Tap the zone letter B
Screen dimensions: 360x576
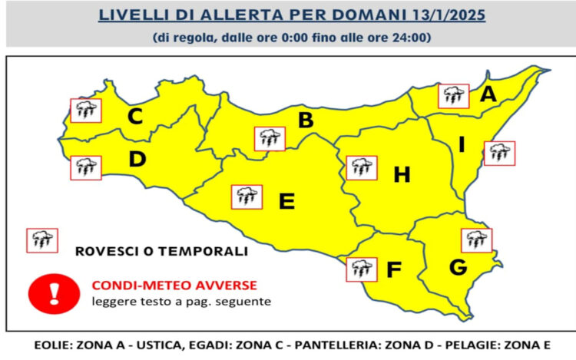[306, 121]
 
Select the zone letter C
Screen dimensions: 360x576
[135, 117]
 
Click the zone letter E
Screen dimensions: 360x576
[286, 201]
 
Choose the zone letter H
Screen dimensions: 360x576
[402, 176]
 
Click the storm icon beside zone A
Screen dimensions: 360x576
[453, 96]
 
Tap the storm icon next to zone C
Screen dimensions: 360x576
[84, 111]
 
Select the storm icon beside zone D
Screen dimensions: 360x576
[85, 167]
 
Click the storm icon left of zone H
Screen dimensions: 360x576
[361, 167]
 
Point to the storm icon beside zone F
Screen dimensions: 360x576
[360, 269]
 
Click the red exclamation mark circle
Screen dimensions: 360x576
[55, 292]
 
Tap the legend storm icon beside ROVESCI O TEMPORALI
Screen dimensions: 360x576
[41, 240]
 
